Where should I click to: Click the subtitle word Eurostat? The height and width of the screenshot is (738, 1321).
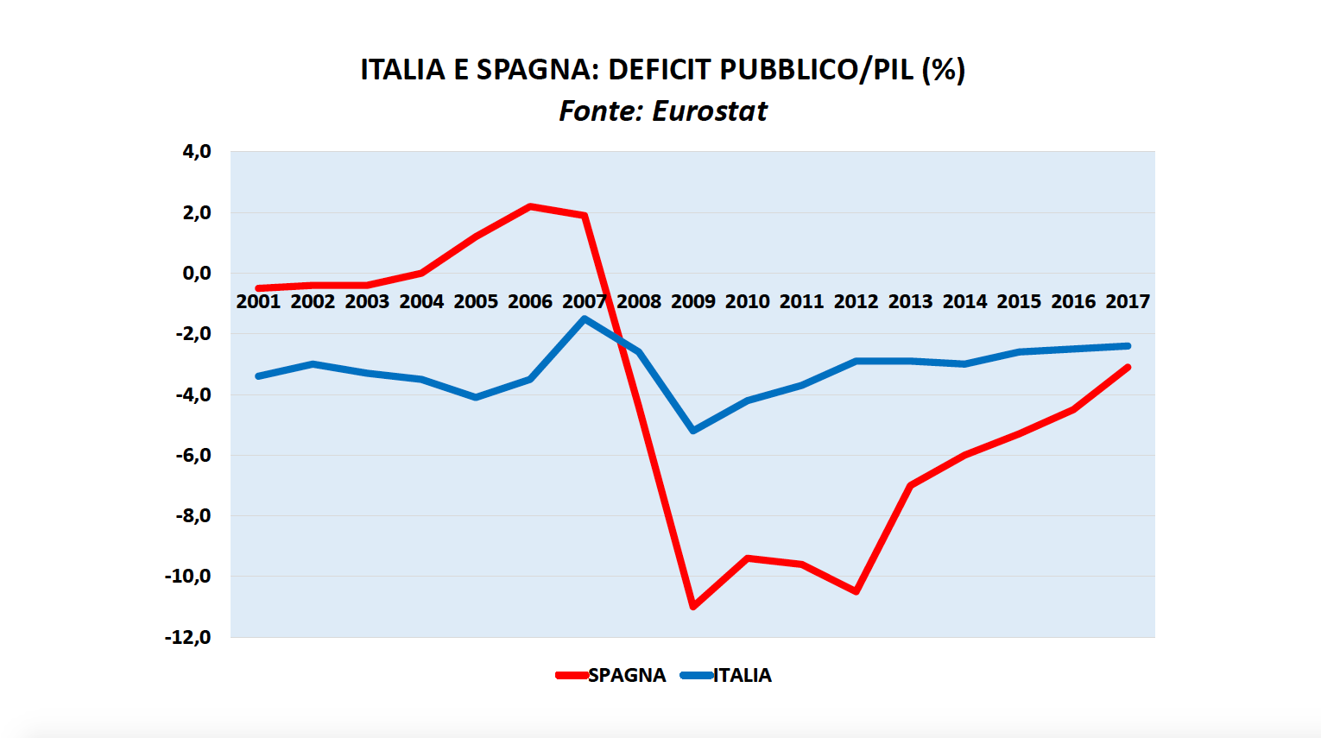tap(710, 111)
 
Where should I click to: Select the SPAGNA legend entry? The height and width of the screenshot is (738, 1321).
tap(626, 675)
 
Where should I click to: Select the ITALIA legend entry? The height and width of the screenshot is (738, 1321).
tap(742, 675)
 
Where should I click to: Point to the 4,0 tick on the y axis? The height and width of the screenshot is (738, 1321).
tap(196, 152)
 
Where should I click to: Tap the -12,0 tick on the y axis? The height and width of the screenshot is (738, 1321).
tap(188, 637)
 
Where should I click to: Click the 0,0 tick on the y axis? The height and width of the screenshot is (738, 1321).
tap(196, 274)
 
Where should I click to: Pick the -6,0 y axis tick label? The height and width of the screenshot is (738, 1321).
tap(192, 455)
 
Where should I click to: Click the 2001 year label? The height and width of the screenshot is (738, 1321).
tap(258, 301)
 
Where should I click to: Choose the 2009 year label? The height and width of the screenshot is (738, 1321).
tap(693, 301)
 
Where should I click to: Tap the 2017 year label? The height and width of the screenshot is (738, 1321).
tap(1128, 301)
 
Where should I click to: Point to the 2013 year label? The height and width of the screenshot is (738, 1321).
tap(910, 301)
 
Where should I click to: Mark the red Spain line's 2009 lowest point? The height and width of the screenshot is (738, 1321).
tap(693, 607)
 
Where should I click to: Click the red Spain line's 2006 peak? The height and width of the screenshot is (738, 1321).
tap(530, 206)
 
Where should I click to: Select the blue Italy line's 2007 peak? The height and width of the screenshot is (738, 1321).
tap(585, 319)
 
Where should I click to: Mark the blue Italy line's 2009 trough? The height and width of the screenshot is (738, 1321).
tap(693, 430)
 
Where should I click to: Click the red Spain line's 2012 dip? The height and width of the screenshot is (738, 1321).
tap(856, 591)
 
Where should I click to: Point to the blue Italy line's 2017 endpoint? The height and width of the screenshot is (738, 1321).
tap(1128, 346)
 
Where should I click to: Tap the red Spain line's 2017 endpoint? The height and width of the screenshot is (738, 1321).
tap(1128, 368)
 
